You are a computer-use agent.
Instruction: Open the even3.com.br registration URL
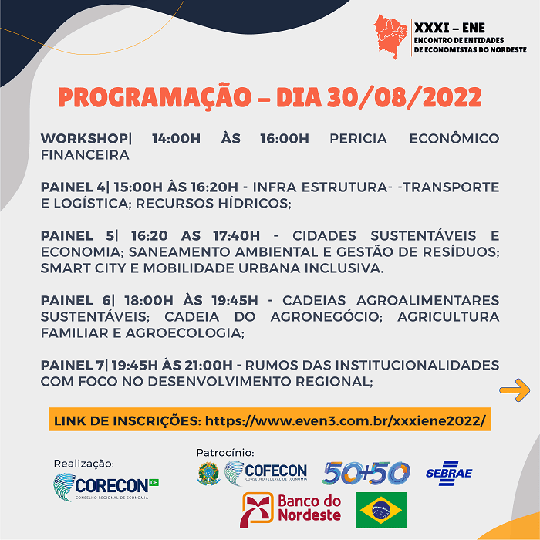[346, 420]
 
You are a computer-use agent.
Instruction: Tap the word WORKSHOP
[84, 139]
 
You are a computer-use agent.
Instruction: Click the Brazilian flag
[380, 509]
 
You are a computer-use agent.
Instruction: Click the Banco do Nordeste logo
[292, 510]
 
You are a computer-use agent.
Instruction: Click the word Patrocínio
[224, 452]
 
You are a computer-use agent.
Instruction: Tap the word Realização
[83, 464]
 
